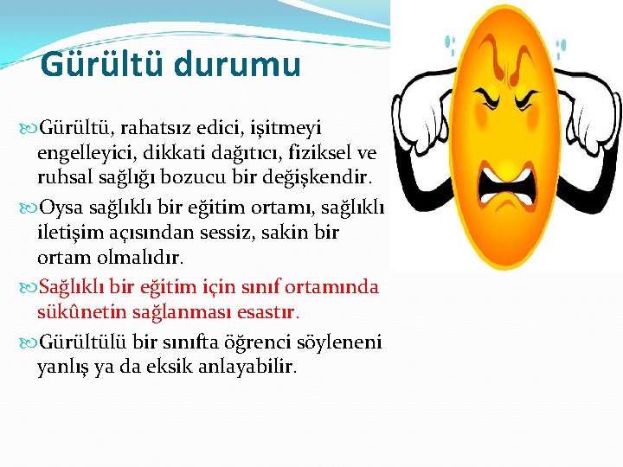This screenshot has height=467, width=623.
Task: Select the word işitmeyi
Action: coord(293,128)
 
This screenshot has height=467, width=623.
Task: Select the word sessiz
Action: coord(243,233)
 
